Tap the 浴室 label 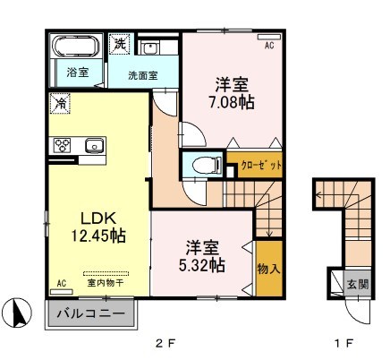coord(76,72)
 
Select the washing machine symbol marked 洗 coord(119,42)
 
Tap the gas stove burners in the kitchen coord(64,144)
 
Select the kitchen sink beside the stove coord(94,144)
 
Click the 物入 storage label coord(266,266)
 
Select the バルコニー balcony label coord(91,313)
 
